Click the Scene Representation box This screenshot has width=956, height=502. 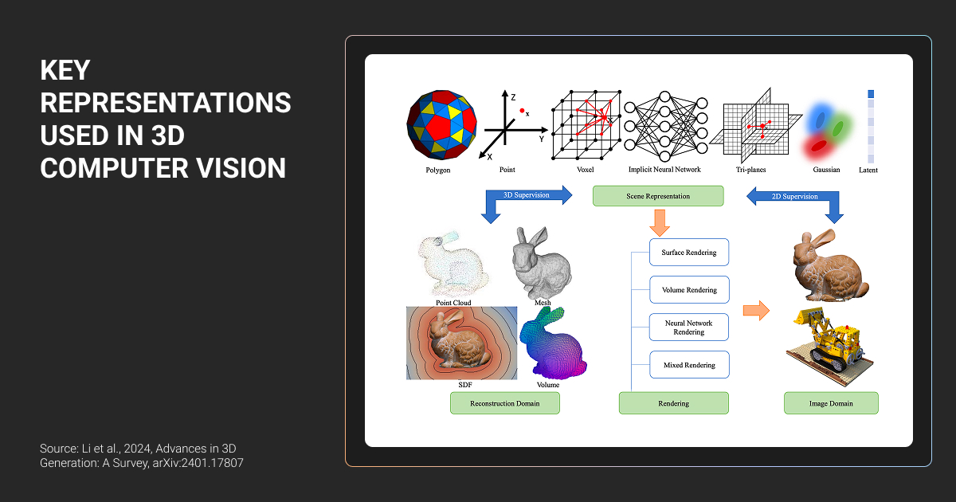click(x=658, y=196)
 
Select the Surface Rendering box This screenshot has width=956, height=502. click(x=689, y=253)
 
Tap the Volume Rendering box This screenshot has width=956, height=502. click(x=689, y=290)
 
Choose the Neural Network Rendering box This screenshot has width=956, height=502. click(x=689, y=327)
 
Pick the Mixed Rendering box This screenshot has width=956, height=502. click(x=689, y=365)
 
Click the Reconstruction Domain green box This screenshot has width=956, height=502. click(x=505, y=403)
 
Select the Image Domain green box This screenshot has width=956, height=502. click(x=831, y=403)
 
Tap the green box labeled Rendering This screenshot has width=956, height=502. click(x=673, y=403)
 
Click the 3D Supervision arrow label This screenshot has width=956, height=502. click(x=527, y=195)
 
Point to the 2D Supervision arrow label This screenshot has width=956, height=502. click(x=795, y=196)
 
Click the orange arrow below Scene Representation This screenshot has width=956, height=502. click(x=660, y=223)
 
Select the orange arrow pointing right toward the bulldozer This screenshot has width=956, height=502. click(x=756, y=310)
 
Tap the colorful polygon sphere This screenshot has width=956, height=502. click(x=441, y=124)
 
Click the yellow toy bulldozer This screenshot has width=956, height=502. click(x=829, y=347)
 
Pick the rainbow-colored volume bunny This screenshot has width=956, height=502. click(x=553, y=343)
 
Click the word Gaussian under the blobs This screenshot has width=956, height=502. click(x=826, y=170)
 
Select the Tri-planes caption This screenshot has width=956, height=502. click(x=750, y=170)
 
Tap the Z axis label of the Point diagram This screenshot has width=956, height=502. click(x=513, y=97)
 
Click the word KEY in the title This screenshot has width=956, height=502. click(x=65, y=70)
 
